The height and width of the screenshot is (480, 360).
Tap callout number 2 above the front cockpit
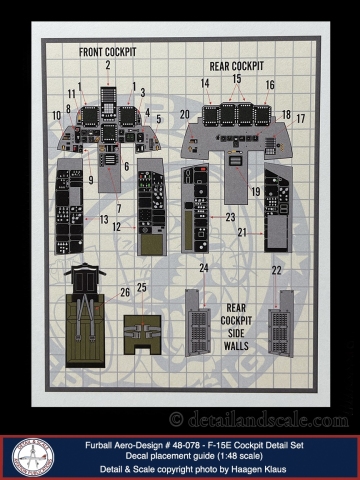pyautogui.click(x=107, y=65)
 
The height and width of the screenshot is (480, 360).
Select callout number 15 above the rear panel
pyautogui.click(x=237, y=79)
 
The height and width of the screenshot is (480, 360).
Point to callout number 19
pyautogui.click(x=256, y=190)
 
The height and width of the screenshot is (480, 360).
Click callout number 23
pyautogui.click(x=230, y=216)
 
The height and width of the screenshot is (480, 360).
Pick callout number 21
pyautogui.click(x=241, y=232)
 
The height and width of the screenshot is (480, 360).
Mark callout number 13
pyautogui.click(x=104, y=219)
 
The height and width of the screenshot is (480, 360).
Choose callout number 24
pyautogui.click(x=204, y=267)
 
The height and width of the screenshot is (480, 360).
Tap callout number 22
pyautogui.click(x=276, y=270)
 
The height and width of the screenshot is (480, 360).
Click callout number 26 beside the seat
pyautogui.click(x=125, y=292)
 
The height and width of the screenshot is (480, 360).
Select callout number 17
pyautogui.click(x=301, y=118)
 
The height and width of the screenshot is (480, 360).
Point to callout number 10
pyautogui.click(x=56, y=116)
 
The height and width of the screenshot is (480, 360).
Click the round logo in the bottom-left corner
pyautogui.click(x=33, y=456)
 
